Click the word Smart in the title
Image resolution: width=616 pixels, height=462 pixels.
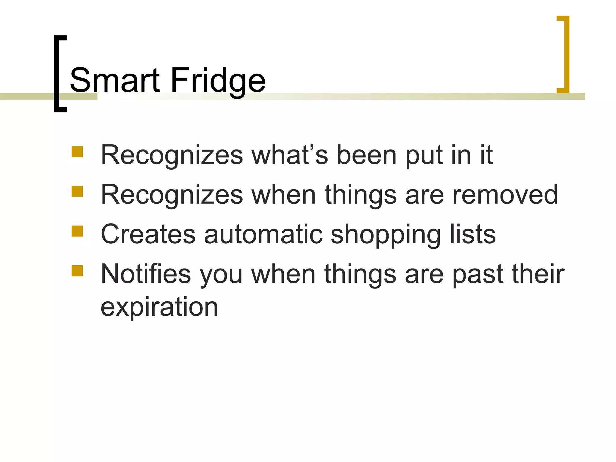point(115,80)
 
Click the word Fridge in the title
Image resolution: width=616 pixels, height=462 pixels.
point(218,80)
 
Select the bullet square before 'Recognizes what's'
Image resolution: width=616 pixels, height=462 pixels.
point(77,152)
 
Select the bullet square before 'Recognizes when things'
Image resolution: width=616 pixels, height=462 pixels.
point(77,191)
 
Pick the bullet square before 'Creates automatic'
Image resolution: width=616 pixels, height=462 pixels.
point(77,231)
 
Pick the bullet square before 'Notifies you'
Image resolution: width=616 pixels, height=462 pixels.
point(77,270)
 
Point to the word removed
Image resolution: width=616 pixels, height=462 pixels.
point(505,195)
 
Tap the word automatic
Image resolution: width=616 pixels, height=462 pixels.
point(263,234)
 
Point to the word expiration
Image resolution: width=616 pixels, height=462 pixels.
point(159,307)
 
